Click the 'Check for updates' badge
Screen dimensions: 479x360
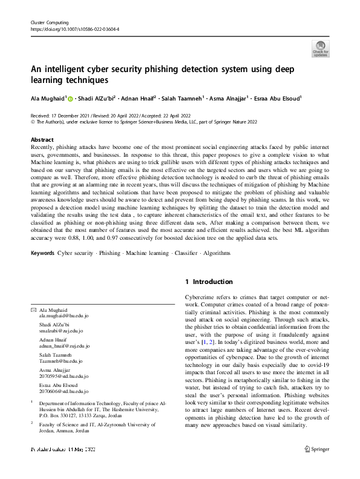pos(320,47)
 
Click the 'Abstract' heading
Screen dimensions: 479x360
pos(42,139)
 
